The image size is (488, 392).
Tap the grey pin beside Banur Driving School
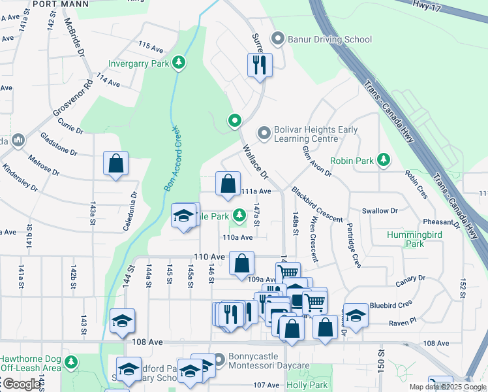coord(279,39)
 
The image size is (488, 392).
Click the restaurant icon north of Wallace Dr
coord(260,65)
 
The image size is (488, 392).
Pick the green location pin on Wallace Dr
coord(234,121)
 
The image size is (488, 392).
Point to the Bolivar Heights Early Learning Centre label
coord(307,134)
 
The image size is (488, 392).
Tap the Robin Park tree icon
coord(384,159)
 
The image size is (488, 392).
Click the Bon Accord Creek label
coord(171,157)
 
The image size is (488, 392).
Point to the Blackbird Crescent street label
coord(317,204)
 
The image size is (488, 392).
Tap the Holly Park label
coord(307,385)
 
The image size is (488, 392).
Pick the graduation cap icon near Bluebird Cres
coord(356,314)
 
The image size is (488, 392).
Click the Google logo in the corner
coord(22,384)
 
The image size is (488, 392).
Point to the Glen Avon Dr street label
coord(317,161)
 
